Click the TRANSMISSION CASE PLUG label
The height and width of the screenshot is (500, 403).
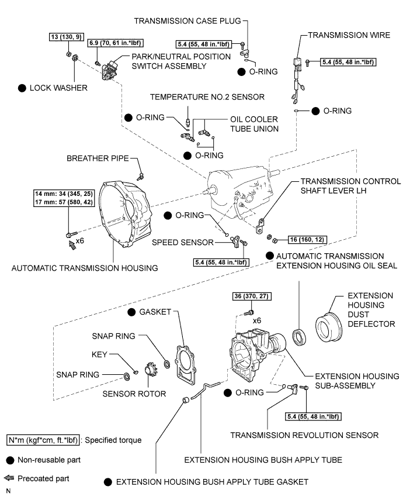187,19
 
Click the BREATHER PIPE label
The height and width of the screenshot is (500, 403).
98,158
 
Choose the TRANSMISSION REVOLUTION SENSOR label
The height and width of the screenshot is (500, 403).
304,435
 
